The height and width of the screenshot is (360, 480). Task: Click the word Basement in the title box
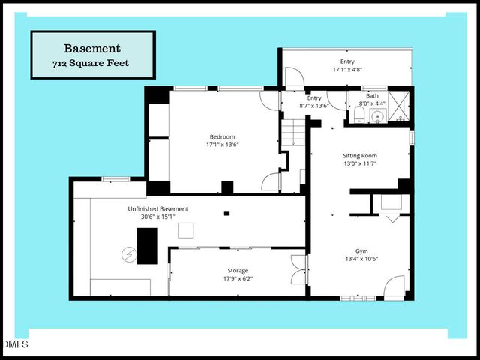click(92, 48)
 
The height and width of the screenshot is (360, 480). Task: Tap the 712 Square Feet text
click(92, 63)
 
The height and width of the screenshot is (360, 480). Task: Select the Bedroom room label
click(222, 136)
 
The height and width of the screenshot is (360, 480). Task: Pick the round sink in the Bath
click(376, 115)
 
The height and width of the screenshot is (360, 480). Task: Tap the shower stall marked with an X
click(400, 106)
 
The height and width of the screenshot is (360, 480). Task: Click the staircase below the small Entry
click(295, 134)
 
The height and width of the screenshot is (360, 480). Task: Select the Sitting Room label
click(359, 155)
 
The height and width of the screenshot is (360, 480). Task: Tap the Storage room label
click(238, 270)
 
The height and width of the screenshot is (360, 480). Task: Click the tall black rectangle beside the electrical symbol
click(147, 245)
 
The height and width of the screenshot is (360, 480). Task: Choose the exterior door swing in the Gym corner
click(394, 287)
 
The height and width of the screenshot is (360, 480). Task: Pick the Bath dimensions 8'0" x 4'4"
click(373, 103)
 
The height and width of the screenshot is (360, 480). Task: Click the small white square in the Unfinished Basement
click(186, 231)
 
